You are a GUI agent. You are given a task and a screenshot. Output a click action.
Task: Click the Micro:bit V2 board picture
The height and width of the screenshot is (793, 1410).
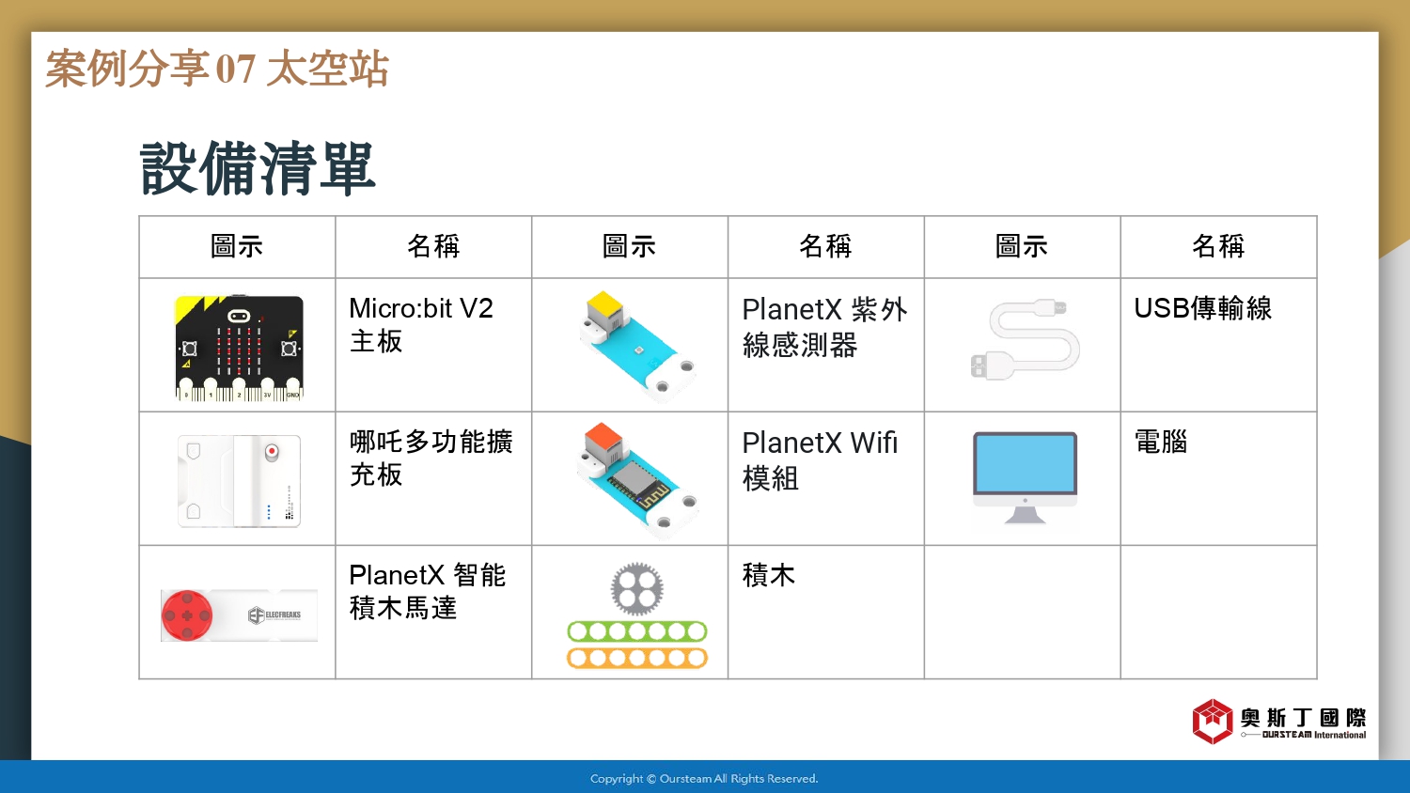tap(239, 348)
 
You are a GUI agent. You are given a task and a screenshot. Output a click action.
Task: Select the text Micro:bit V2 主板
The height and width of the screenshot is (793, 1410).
tap(420, 325)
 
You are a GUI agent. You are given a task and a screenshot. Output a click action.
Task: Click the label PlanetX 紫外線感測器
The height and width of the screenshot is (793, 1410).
tap(824, 327)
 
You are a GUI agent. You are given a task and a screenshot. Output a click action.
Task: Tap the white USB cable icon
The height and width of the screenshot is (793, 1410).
tap(1025, 340)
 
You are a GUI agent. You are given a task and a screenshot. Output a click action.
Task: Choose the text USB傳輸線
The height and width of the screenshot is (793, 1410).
tap(1202, 308)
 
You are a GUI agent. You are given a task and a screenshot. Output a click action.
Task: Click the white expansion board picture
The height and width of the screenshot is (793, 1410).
tap(239, 481)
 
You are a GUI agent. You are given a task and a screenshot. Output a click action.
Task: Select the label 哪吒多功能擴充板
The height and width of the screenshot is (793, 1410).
tap(431, 459)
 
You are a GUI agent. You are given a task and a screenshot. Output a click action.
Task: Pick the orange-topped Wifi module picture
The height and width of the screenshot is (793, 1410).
tap(637, 479)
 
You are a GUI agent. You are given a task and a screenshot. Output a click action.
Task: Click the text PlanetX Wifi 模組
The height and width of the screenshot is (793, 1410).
tap(820, 460)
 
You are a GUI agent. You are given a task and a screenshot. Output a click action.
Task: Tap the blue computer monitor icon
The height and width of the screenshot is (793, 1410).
tap(1025, 478)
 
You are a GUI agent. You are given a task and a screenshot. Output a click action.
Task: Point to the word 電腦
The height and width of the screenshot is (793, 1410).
tap(1161, 442)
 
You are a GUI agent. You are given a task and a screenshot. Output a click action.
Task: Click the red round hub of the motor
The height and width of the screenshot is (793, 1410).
tap(187, 614)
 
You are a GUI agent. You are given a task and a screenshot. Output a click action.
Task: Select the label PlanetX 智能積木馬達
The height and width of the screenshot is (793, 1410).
tap(427, 592)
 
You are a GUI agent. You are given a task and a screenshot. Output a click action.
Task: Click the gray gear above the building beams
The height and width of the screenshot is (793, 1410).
tap(637, 589)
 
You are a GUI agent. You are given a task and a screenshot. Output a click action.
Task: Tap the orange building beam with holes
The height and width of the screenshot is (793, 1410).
tap(637, 659)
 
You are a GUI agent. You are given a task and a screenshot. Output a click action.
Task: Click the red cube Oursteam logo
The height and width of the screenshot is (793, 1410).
tap(1213, 722)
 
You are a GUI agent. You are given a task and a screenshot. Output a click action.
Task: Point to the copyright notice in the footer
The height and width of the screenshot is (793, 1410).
tap(704, 779)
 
